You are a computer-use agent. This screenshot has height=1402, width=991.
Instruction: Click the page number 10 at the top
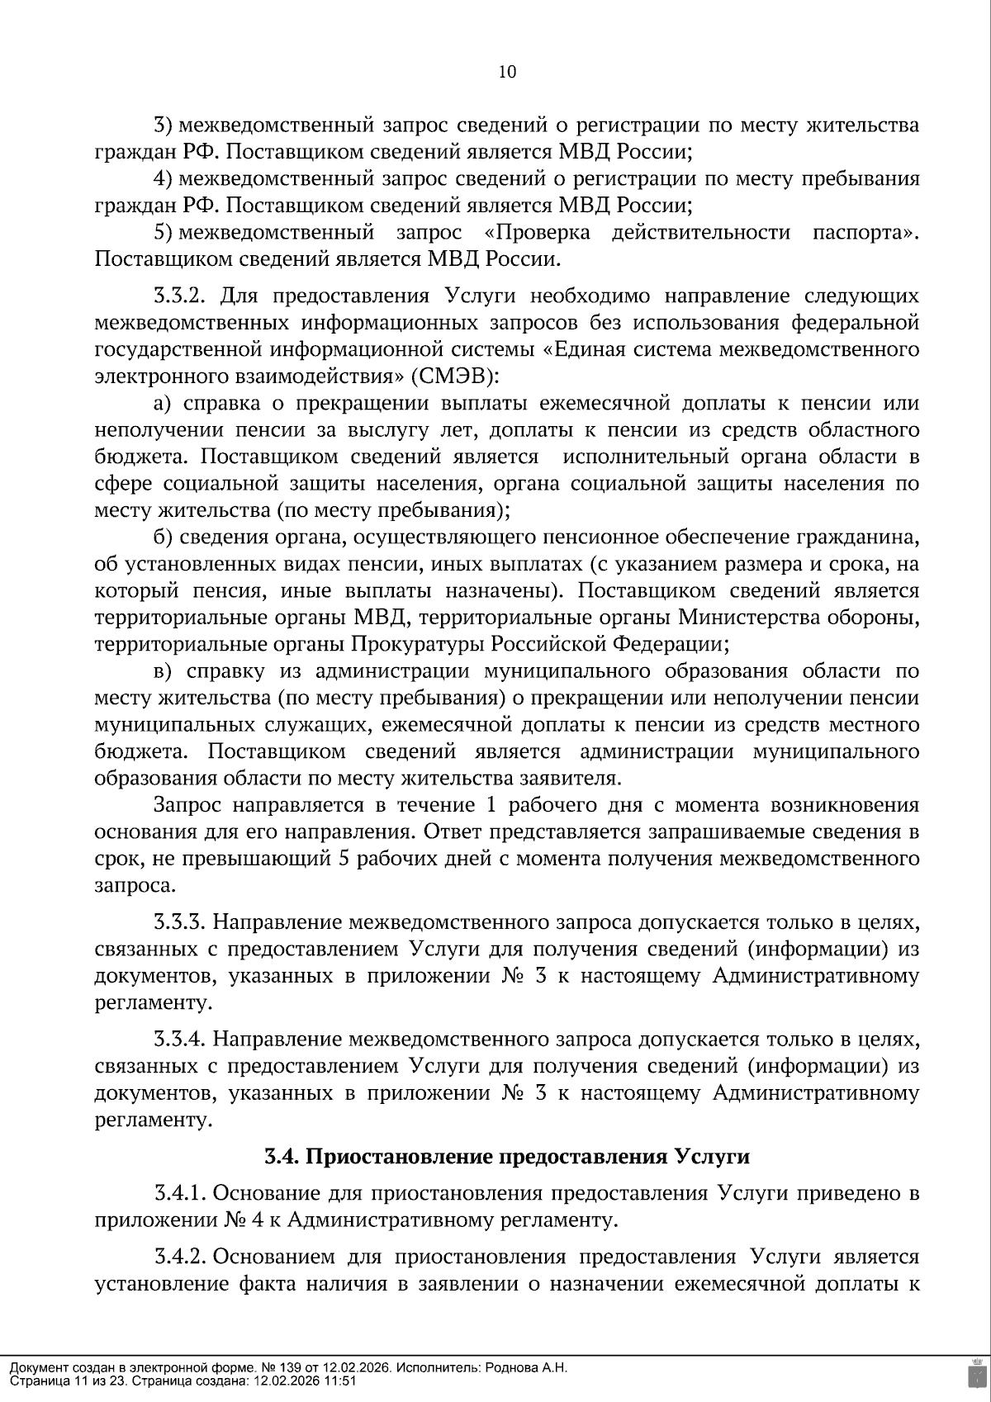[507, 73]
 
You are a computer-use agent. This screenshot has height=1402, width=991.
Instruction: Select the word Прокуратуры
[419, 644]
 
